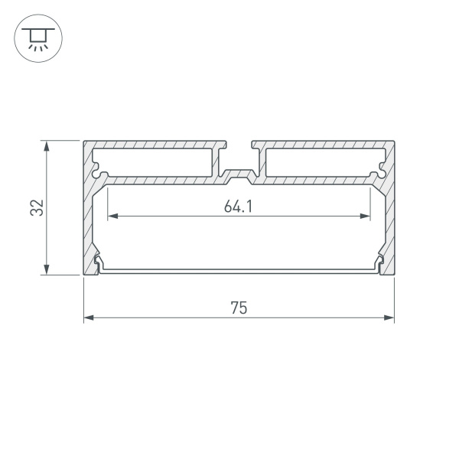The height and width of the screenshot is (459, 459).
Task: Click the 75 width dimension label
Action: (x=238, y=308)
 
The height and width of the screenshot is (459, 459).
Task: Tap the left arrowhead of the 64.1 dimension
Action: (x=112, y=216)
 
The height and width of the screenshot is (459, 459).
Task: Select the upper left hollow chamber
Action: (x=153, y=164)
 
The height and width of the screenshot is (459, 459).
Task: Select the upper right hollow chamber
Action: (x=321, y=164)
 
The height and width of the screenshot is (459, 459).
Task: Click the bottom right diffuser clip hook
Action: (x=379, y=263)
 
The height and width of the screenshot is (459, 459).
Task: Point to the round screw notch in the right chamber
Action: (x=380, y=164)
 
